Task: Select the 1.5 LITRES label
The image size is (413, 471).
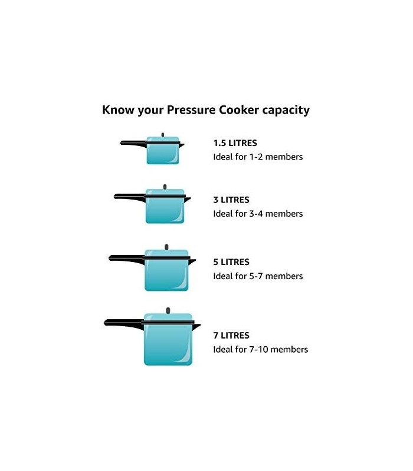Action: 235,143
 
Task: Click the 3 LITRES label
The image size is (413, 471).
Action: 231,200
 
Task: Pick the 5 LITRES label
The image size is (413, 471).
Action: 231,262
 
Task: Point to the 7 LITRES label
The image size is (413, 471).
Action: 231,336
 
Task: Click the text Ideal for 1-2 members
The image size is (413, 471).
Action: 258,157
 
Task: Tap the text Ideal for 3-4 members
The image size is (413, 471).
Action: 258,214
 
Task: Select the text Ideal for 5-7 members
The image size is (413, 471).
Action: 258,276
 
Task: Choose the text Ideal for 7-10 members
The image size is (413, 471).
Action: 260,350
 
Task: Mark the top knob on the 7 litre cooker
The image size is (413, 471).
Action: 168,310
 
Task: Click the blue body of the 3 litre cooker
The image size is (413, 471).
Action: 165,211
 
